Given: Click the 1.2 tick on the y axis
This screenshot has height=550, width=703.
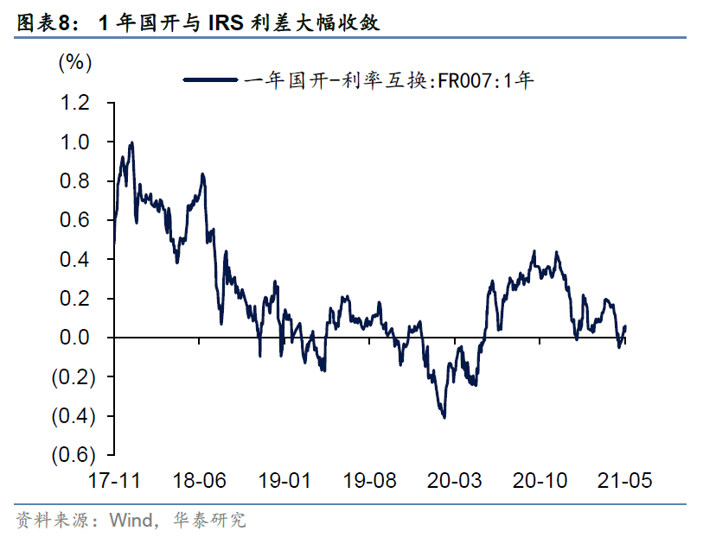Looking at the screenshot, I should point(74,103).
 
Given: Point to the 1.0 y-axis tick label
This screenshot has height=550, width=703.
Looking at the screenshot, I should point(74,142).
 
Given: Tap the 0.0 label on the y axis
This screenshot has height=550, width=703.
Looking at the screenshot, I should point(74,338).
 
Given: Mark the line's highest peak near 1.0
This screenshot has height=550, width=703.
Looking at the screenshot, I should point(131,143).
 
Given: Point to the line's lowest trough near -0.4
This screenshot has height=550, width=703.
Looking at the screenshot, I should point(444,417).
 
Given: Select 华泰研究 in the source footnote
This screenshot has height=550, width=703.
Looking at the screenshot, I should point(210,520).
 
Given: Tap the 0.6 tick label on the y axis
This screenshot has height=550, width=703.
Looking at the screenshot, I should point(74,220).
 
